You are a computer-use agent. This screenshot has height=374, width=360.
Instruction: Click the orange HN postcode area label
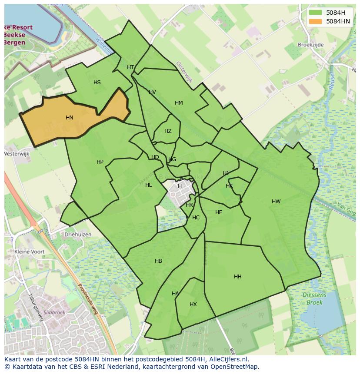coord(70,118)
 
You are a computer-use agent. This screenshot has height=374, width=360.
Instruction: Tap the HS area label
coord(97,83)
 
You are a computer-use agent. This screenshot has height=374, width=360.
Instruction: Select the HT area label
coord(130,67)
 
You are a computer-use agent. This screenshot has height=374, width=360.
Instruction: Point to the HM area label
coord(179,103)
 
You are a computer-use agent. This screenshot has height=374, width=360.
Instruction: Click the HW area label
coord(276,202)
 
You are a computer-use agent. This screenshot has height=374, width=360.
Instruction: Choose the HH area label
coord(238,277)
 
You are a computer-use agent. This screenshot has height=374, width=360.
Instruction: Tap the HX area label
coord(193,304)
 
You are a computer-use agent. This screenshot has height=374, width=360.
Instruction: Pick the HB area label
coord(158,261)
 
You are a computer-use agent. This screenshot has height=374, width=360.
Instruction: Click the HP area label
coord(100,162)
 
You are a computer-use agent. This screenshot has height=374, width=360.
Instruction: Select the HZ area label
coord(168,131)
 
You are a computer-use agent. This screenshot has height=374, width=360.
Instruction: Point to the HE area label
coord(219,212)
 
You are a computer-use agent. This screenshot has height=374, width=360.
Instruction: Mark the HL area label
coord(149,185)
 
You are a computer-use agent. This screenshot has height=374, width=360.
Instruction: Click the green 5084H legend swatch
coord(315,13)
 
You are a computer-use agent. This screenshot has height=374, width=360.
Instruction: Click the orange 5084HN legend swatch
coord(315,21)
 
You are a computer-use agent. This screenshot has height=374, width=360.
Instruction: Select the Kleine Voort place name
coord(30,252)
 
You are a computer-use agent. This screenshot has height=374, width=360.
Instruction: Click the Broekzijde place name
coord(311,44)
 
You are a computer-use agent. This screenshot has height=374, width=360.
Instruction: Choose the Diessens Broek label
coord(314,299)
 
